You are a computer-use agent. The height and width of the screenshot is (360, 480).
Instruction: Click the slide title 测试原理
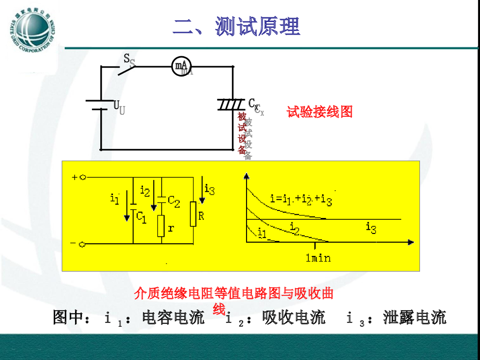click(x=236, y=26)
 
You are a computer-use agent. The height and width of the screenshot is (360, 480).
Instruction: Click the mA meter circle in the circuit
click(x=181, y=67)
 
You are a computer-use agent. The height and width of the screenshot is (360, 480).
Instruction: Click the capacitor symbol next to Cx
click(x=232, y=104)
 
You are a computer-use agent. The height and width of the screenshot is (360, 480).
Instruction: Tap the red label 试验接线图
click(x=320, y=112)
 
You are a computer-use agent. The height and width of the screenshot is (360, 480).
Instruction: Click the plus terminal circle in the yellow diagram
click(x=82, y=178)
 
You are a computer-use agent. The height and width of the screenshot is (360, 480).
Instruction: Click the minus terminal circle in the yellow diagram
click(x=82, y=244)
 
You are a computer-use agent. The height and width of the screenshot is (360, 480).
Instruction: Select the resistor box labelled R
click(x=193, y=214)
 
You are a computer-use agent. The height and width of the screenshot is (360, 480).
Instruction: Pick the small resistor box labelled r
click(x=161, y=226)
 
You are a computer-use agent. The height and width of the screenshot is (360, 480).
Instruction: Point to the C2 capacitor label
click(x=173, y=202)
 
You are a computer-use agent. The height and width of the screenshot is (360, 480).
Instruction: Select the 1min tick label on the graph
click(x=318, y=257)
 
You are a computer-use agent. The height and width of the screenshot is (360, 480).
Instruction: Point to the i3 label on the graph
click(x=371, y=228)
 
